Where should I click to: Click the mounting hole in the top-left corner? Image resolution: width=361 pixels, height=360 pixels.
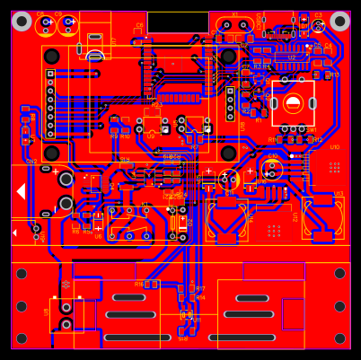coord(22,21)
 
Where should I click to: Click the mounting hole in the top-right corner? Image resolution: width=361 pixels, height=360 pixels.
coord(339,21)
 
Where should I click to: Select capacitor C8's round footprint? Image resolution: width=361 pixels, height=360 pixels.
coord(46,25)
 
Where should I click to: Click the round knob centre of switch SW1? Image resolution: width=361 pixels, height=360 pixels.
coord(293,103)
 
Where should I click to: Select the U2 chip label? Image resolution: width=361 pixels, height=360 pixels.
coord(292,57)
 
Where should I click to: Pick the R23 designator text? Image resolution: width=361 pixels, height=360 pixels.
coord(157,105)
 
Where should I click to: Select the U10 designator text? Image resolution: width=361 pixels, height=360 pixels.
coord(334,147)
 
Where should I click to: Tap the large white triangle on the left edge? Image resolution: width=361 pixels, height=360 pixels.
coord(21,191)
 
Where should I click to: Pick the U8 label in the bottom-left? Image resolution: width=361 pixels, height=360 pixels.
coord(47,312)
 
